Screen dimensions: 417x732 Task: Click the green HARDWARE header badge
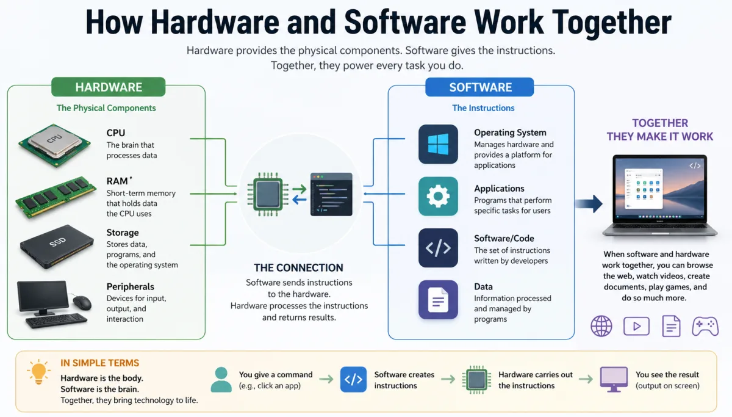tap(109, 87)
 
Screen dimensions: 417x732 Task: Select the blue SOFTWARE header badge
tap(479, 87)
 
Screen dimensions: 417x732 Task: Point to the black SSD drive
tap(56, 245)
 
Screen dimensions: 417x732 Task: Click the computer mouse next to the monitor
tap(81, 302)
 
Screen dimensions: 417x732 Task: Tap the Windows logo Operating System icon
tap(438, 144)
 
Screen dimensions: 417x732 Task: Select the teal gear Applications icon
tap(438, 197)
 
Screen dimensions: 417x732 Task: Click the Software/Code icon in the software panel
tap(438, 248)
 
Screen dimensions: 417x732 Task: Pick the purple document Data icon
tap(438, 300)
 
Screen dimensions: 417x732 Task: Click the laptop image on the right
tap(659, 195)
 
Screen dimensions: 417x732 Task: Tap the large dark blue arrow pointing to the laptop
tap(589, 203)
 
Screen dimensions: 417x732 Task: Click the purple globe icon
tap(601, 326)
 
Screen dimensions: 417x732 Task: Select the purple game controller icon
tap(705, 326)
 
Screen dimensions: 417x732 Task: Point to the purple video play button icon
tap(636, 326)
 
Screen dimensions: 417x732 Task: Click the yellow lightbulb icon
tap(38, 371)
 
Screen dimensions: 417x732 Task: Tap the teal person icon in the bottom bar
tap(221, 379)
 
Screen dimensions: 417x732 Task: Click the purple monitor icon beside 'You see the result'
tap(614, 379)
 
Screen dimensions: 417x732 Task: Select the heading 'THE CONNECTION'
tap(298, 267)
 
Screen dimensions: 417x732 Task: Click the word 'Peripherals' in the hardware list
tap(130, 286)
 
